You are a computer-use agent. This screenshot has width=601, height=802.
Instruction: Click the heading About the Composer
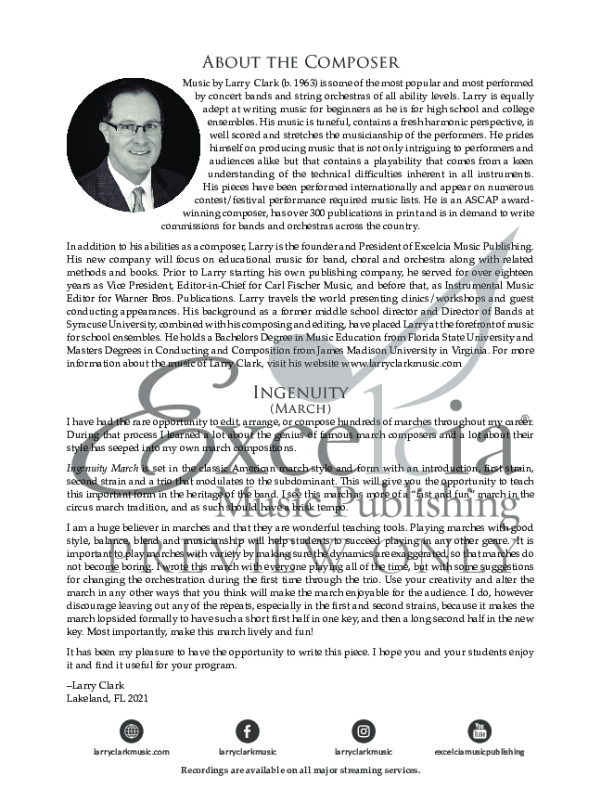point(300,62)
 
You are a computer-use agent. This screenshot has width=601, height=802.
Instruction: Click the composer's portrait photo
point(133,145)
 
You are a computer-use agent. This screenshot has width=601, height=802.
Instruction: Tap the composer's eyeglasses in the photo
point(134,128)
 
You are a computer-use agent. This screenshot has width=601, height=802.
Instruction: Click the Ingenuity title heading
point(300,392)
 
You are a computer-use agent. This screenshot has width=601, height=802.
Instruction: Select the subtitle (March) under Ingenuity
point(300,407)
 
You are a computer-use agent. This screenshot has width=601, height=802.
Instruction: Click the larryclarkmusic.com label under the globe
point(132,751)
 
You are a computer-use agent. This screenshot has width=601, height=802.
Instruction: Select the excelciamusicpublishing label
point(480,751)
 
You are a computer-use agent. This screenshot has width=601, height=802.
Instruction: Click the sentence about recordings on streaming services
point(300,770)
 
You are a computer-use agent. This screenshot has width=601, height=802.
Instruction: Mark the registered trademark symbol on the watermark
point(526,419)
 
